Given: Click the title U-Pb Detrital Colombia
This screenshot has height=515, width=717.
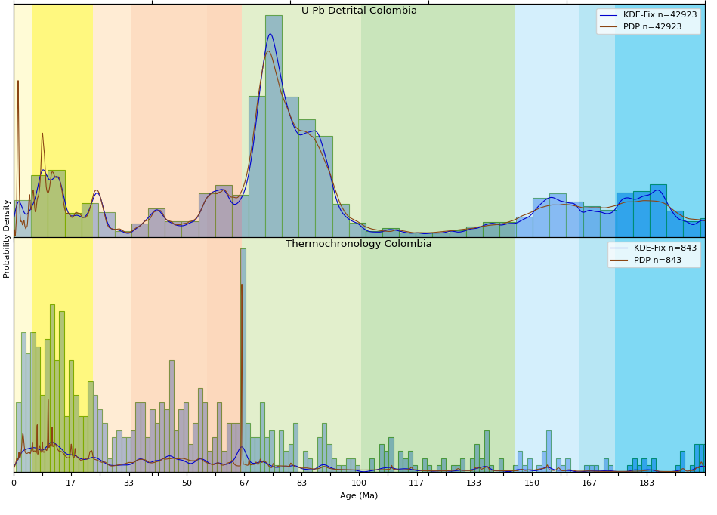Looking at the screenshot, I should click(359, 11).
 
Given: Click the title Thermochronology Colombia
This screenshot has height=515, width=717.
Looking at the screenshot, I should click(359, 244).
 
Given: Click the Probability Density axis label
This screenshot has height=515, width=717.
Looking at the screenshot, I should click(7, 239).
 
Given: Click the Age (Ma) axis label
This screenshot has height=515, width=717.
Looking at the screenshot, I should click(359, 495).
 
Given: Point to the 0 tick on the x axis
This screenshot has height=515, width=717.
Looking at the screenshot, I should click(14, 483).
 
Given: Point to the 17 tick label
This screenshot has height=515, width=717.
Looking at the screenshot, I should click(71, 483).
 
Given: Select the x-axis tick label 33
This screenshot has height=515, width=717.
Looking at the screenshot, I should click(128, 483).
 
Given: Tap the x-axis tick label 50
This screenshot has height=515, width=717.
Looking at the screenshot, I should click(187, 483).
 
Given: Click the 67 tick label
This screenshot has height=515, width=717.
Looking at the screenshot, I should click(244, 483).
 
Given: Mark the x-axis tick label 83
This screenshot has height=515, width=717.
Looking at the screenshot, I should click(301, 483).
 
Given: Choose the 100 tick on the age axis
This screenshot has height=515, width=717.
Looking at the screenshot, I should click(359, 483).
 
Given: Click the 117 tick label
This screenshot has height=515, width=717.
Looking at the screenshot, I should click(416, 483).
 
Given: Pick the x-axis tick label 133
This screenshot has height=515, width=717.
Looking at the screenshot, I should click(474, 483).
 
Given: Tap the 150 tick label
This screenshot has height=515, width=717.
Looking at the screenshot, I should click(532, 483).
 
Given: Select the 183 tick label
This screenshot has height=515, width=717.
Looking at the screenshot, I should click(647, 483).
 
